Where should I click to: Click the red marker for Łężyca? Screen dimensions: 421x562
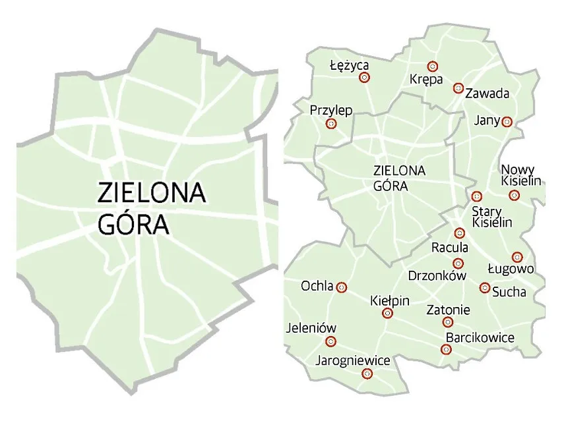363,78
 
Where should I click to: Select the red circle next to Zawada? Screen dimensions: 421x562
458,88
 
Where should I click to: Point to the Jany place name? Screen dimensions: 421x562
487,121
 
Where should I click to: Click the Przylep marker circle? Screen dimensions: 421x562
331,123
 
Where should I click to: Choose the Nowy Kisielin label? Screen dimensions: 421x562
520,175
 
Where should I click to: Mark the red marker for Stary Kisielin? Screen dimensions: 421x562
477,196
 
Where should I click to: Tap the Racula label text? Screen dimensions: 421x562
449,248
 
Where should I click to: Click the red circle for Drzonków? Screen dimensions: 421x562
459,264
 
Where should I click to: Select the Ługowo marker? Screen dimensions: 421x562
517,257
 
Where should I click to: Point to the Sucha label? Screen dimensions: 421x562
509,292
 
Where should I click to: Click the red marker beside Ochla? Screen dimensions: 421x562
342,287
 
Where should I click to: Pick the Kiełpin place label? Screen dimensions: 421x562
390,300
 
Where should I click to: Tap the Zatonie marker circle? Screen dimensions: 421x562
448,322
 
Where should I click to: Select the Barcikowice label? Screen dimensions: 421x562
480,337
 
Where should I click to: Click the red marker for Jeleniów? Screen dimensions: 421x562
331,341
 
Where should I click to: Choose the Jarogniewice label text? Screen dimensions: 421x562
353,360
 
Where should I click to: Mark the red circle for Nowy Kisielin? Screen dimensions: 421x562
514,195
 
